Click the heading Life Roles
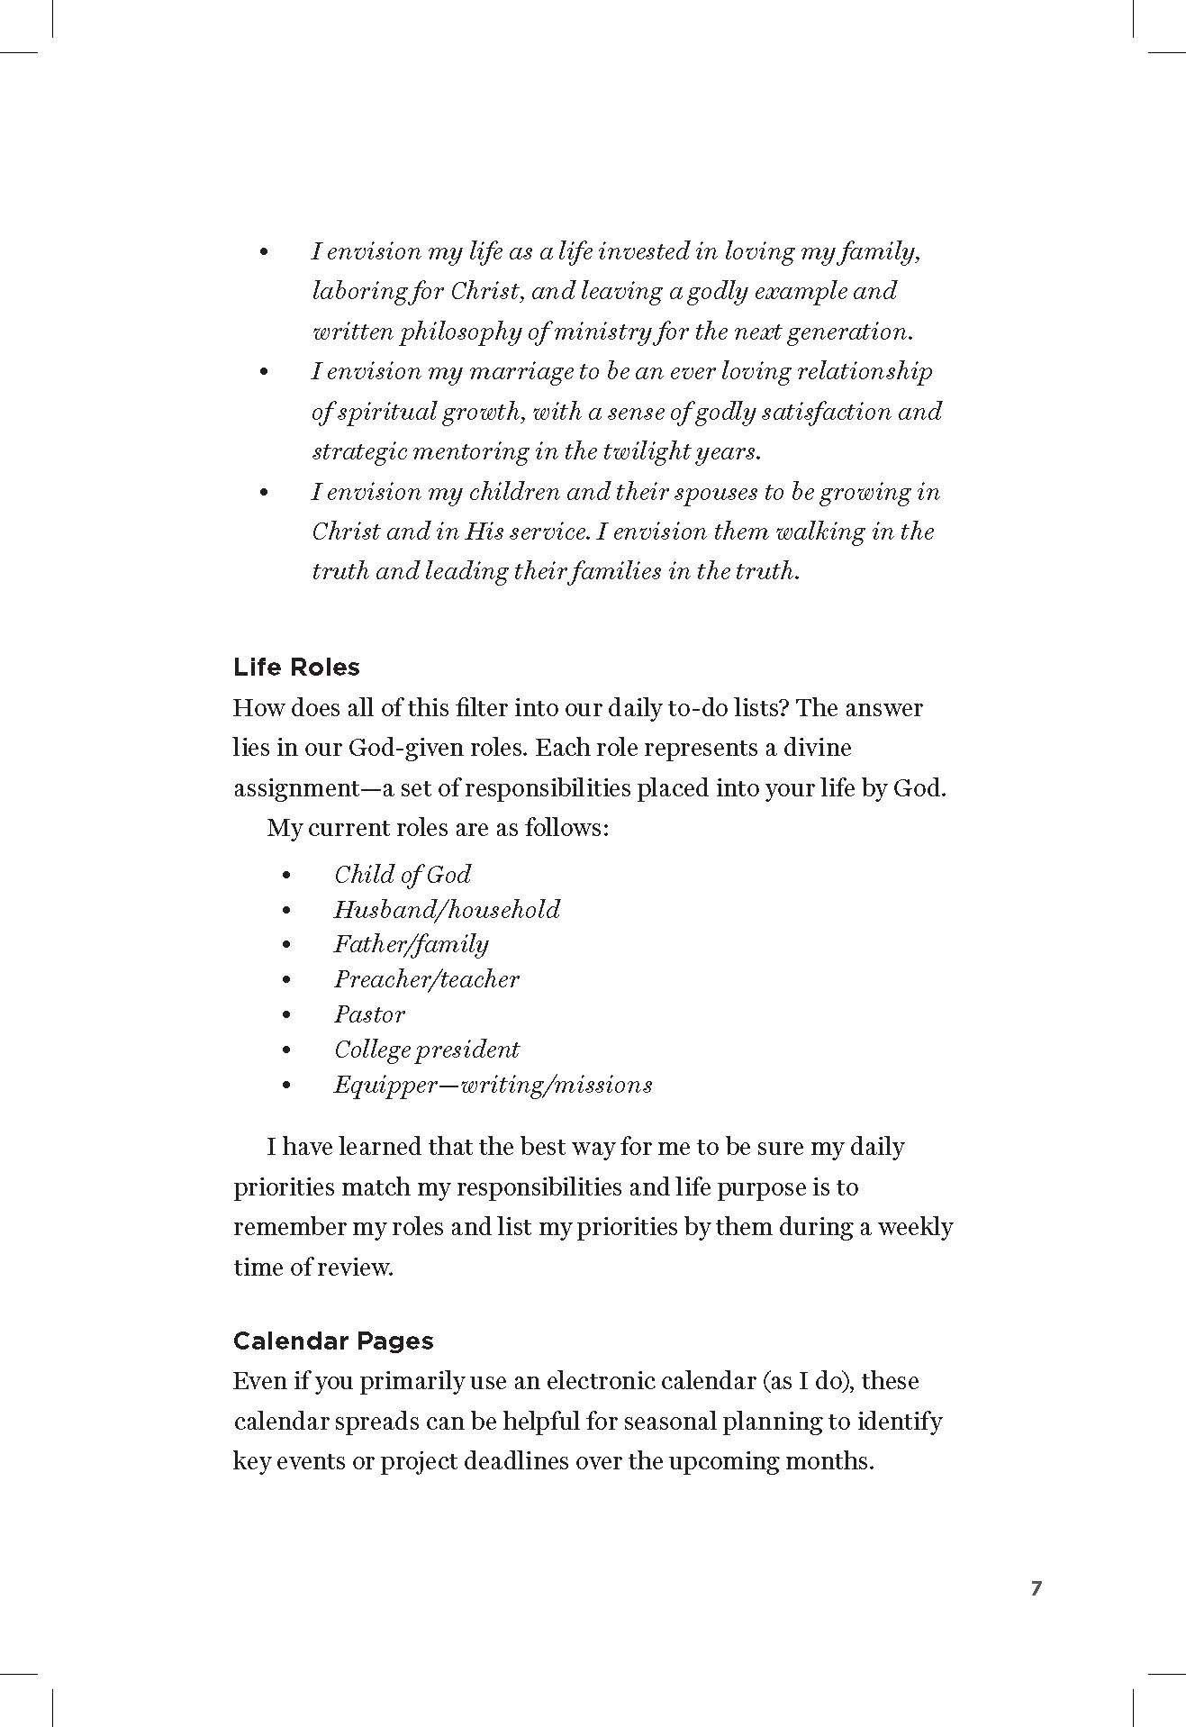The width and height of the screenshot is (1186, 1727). tap(296, 668)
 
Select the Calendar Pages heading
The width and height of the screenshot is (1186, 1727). tap(333, 1341)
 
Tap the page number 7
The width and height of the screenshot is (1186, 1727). tap(1036, 1588)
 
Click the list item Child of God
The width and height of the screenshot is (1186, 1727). tap(403, 875)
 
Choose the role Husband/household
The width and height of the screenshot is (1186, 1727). tap(447, 910)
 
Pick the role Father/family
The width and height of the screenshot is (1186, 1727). tap(412, 944)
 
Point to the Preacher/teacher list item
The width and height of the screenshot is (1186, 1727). tap(427, 979)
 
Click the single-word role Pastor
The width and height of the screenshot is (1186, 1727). tap(369, 1014)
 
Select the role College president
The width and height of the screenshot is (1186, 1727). tap(427, 1050)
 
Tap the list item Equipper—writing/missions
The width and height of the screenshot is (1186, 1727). tap(493, 1085)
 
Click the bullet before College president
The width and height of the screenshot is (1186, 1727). tap(286, 1050)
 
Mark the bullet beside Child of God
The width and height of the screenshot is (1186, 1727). tap(286, 876)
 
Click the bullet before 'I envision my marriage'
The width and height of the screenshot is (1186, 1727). tap(264, 372)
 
